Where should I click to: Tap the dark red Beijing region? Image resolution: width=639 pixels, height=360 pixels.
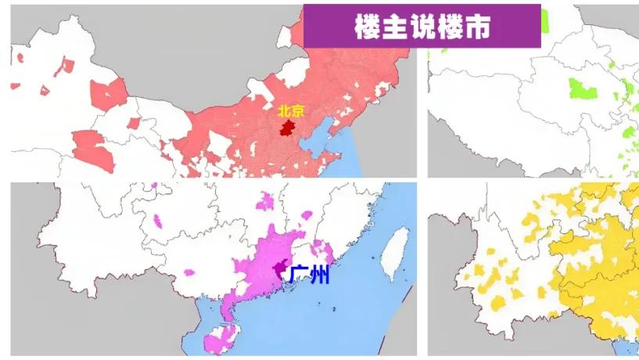(x=288, y=128)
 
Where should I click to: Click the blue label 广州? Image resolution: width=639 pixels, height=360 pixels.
(x=309, y=275)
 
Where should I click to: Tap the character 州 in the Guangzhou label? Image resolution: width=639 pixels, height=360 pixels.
(x=319, y=275)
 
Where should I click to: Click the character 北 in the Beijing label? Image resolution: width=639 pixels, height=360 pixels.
(x=282, y=111)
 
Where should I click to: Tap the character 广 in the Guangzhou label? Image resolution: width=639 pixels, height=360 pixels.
(x=298, y=275)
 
